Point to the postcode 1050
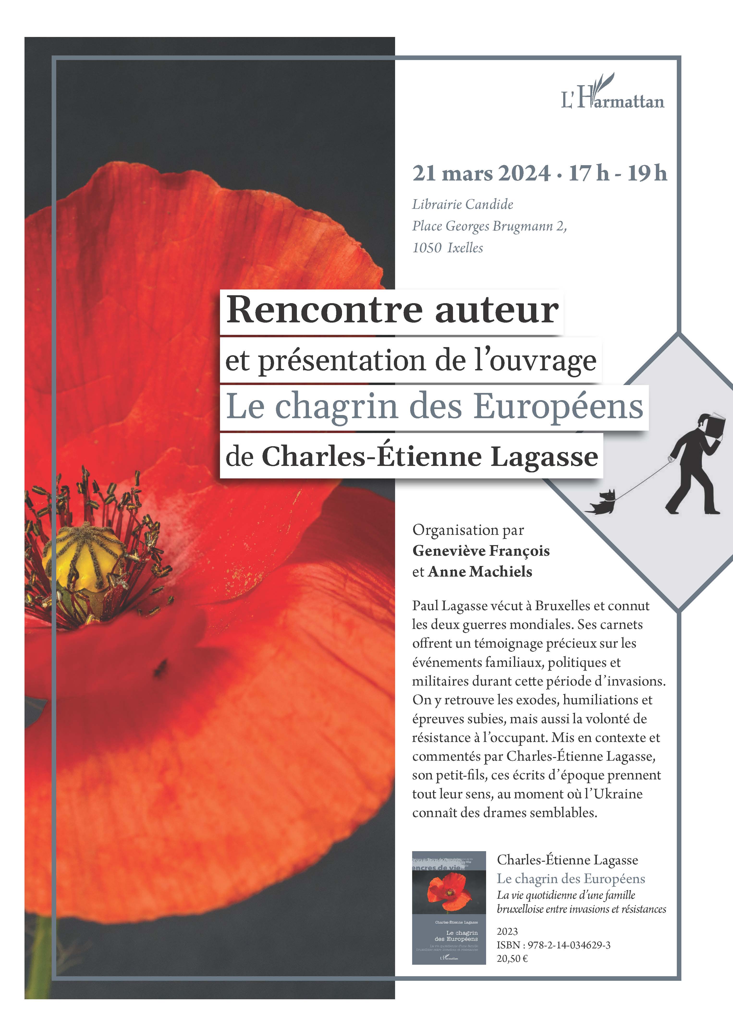pos(427,248)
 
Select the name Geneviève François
pos(481,551)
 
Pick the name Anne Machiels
pos(480,572)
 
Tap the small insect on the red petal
pos(159,668)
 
